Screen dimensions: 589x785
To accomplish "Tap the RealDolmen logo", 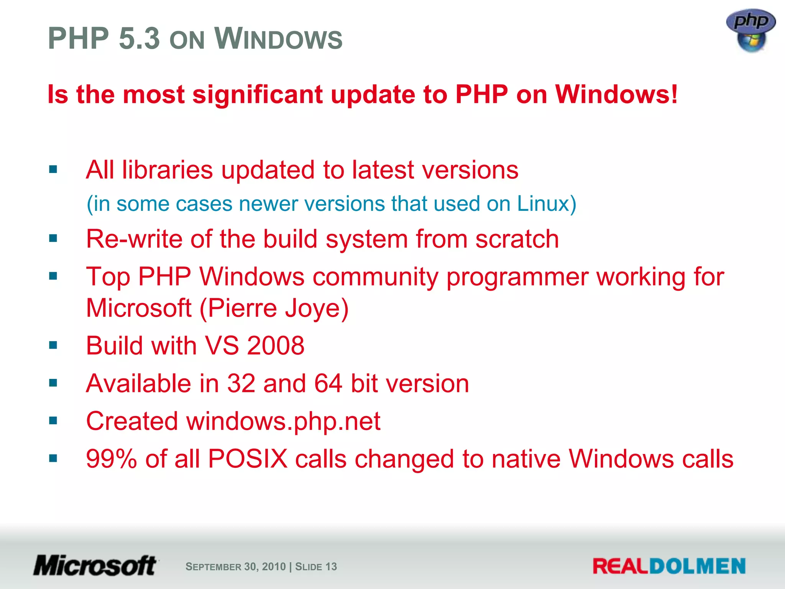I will pos(669,566).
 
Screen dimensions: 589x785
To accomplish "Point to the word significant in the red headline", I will pos(257,94).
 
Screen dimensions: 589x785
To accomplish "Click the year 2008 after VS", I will pos(276,346).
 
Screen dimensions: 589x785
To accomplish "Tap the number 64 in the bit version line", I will pos(328,383).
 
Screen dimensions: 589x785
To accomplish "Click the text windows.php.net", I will pos(283,421).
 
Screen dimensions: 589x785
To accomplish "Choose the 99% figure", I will pos(111,459).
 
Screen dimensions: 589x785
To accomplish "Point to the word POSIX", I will pos(248,459).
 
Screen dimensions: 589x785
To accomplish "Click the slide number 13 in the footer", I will pos(331,567).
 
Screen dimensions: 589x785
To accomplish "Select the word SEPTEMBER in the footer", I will pos(213,567).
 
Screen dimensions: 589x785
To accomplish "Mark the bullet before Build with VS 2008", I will pos(53,346).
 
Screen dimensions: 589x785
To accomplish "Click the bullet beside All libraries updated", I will pos(53,169).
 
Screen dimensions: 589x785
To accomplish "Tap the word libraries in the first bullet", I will pos(167,169).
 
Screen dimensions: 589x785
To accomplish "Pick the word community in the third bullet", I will pos(375,276).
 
